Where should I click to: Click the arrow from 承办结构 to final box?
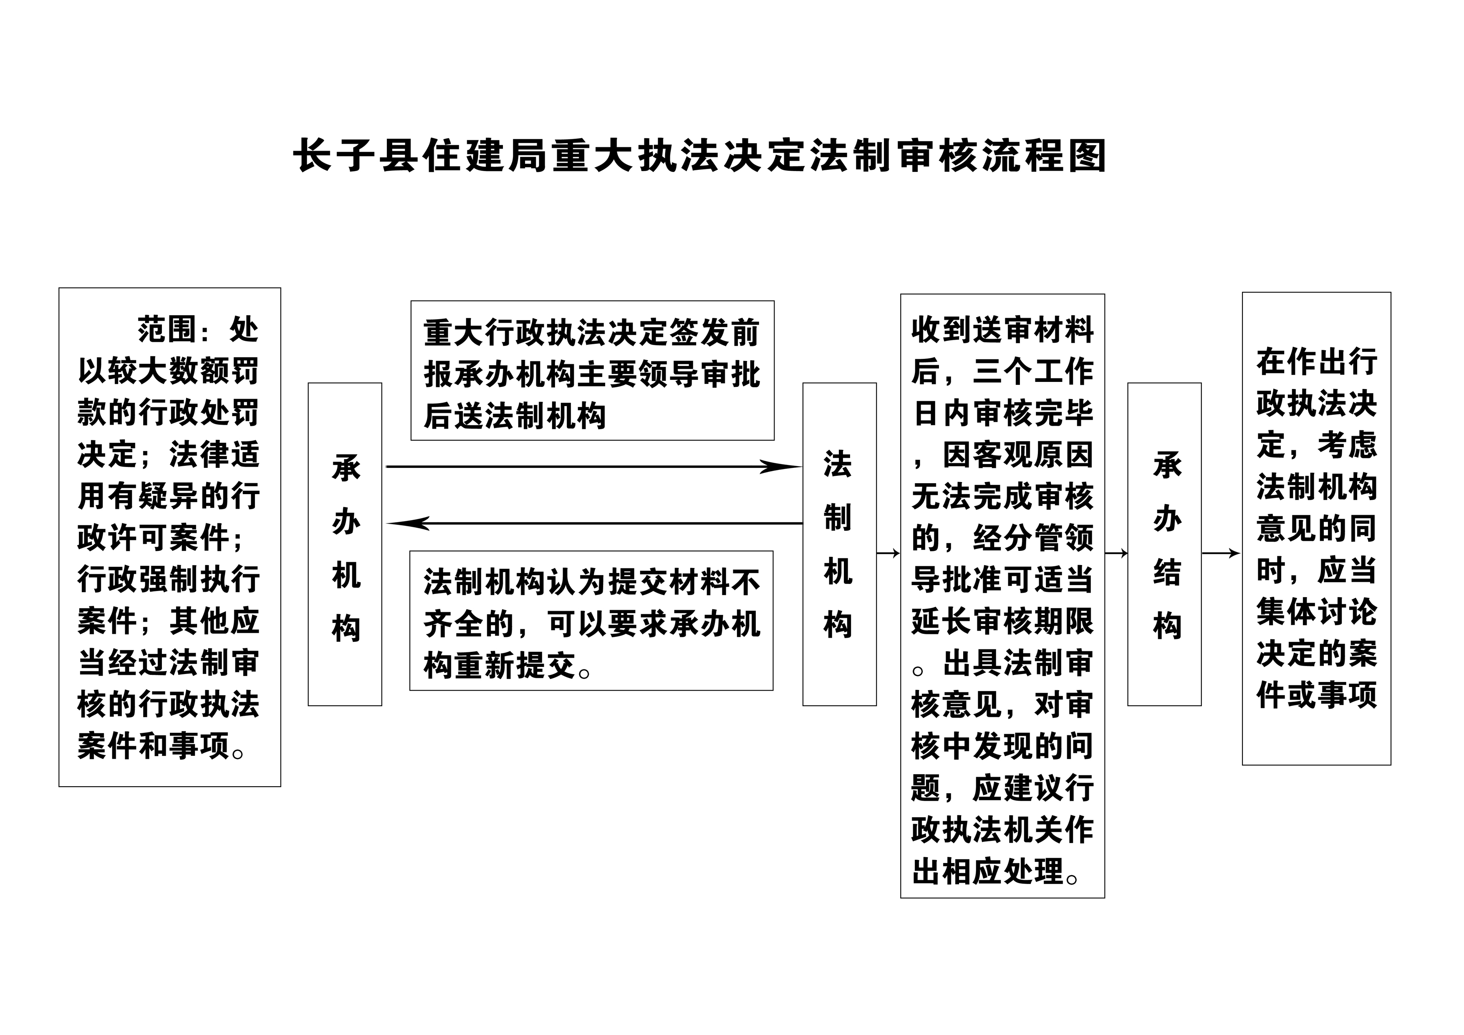pos(1221,553)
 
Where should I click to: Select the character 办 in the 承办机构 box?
pos(346,522)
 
